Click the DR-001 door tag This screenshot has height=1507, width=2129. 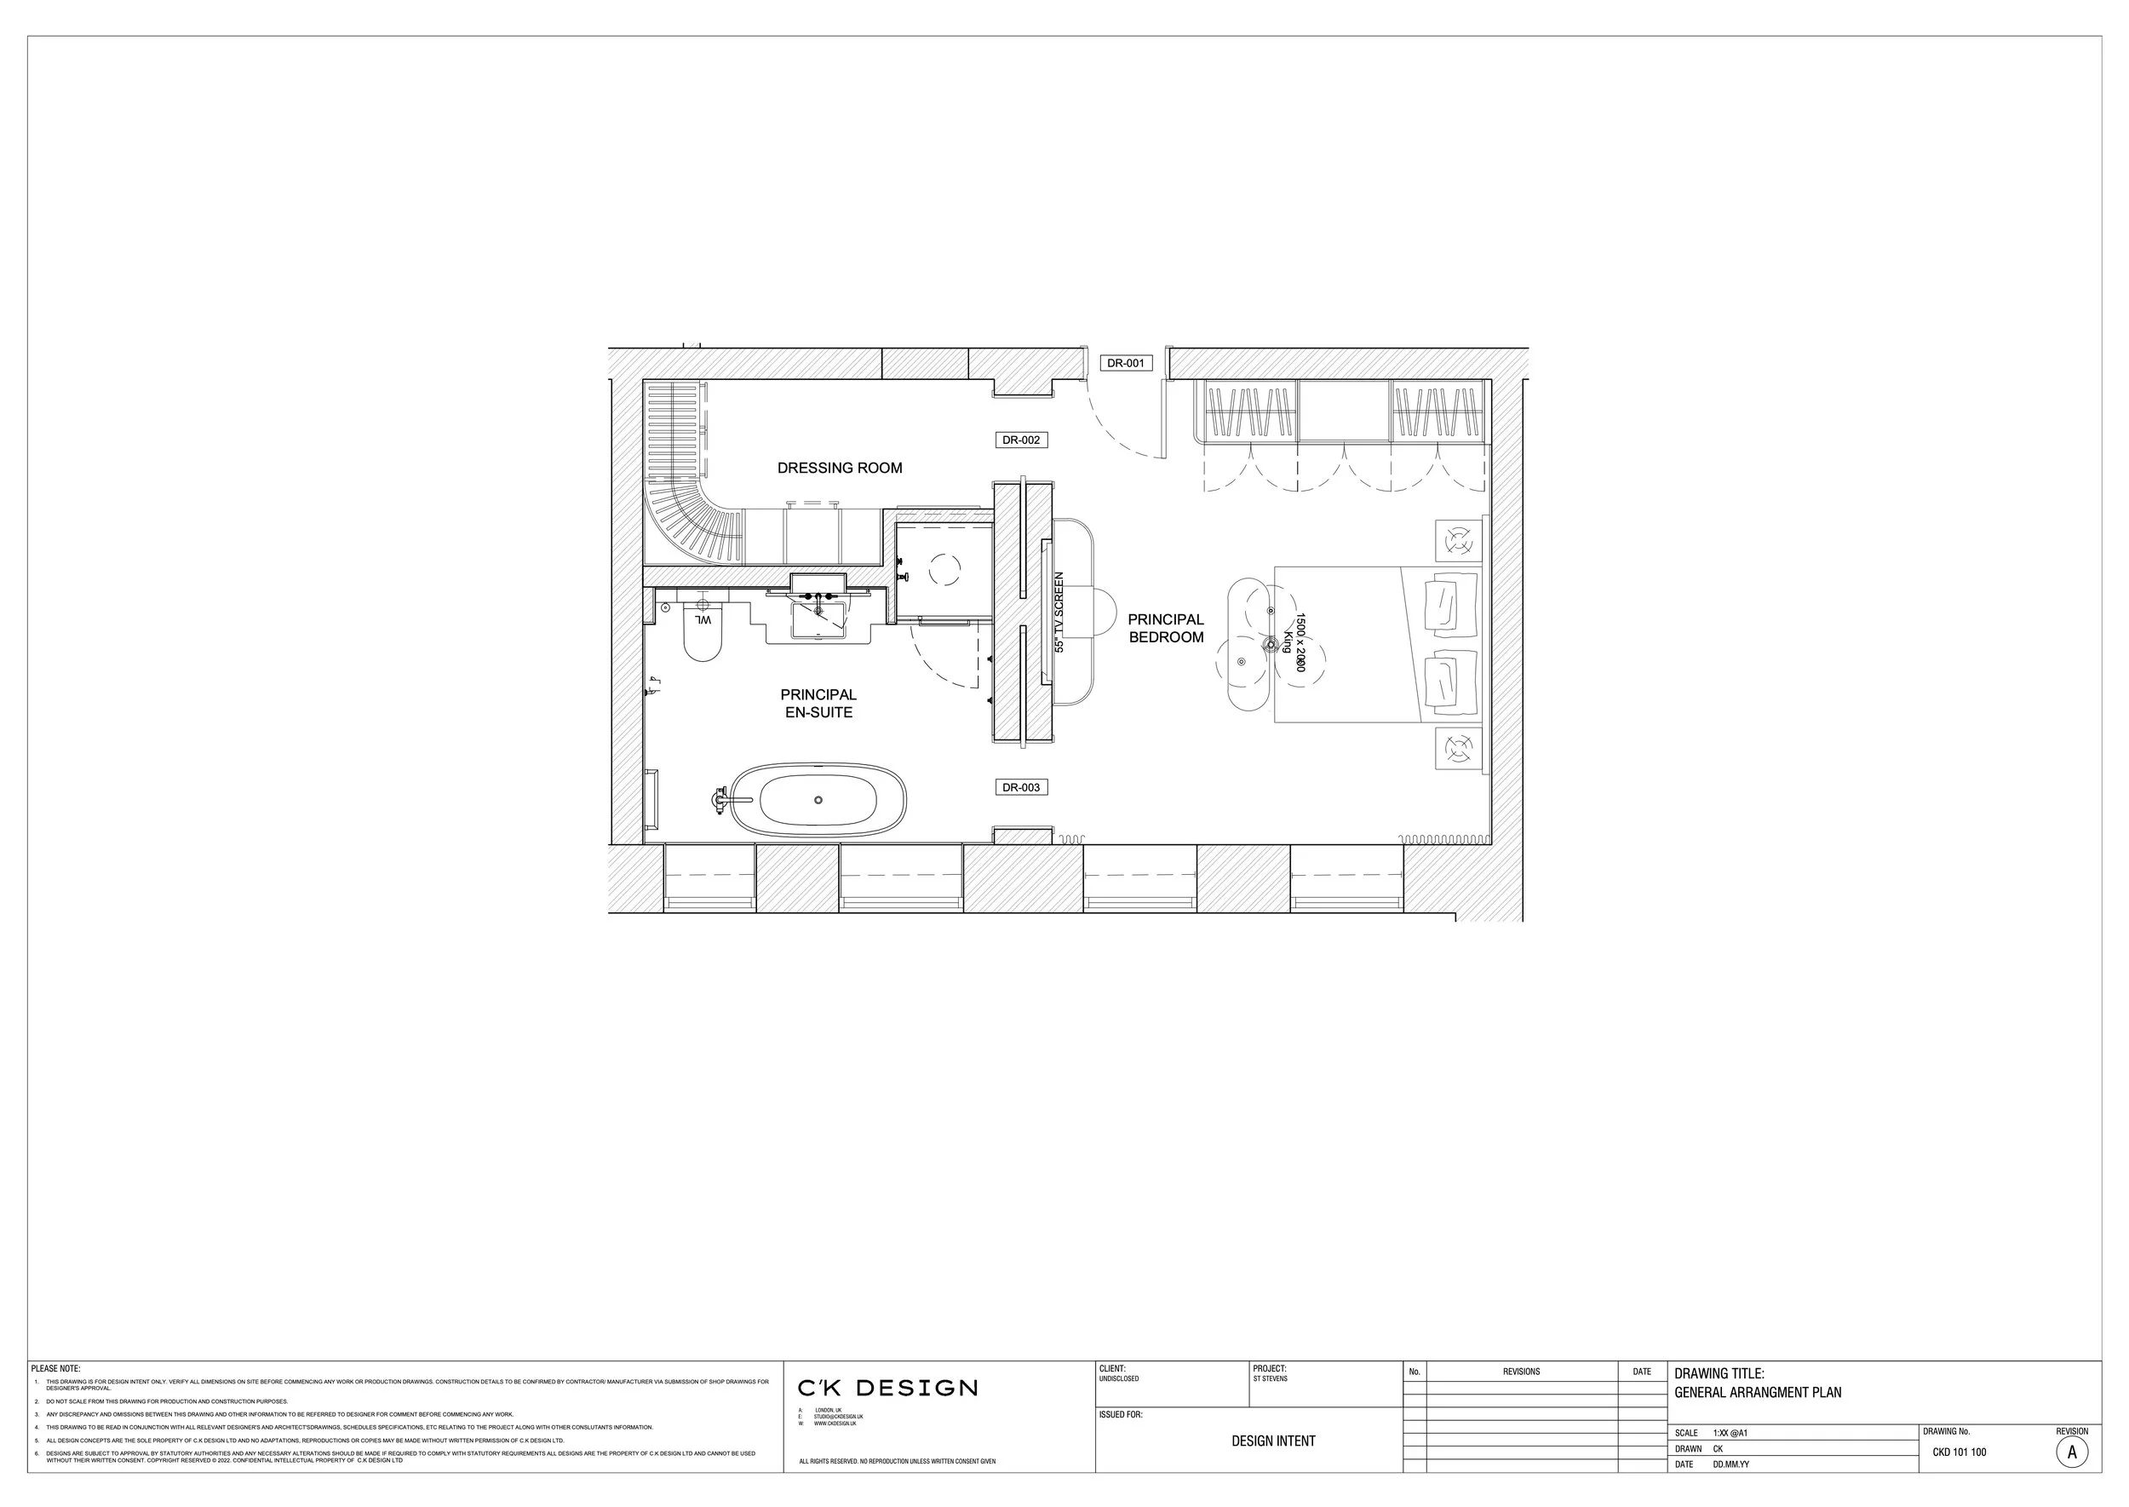click(x=1125, y=363)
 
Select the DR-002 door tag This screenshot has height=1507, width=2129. click(x=1020, y=440)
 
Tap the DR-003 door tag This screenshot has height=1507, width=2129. click(x=1020, y=787)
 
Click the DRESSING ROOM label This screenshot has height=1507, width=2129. click(x=840, y=468)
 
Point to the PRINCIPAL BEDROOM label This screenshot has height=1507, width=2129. click(x=1166, y=628)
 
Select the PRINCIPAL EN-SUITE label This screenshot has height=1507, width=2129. click(x=818, y=704)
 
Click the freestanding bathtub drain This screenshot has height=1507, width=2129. click(x=818, y=800)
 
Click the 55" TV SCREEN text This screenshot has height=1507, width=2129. click(x=1059, y=612)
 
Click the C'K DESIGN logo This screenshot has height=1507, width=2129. click(x=887, y=1389)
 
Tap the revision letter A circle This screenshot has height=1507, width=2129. click(x=2071, y=1452)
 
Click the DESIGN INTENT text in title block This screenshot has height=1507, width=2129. click(x=1273, y=1441)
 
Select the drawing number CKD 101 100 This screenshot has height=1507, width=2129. click(x=1960, y=1452)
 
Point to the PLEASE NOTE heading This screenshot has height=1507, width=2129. click(x=55, y=1369)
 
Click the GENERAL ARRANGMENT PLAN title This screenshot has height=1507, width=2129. click(x=1757, y=1392)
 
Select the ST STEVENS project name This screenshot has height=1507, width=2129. click(x=1270, y=1379)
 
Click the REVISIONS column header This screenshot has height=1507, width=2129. click(x=1520, y=1372)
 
